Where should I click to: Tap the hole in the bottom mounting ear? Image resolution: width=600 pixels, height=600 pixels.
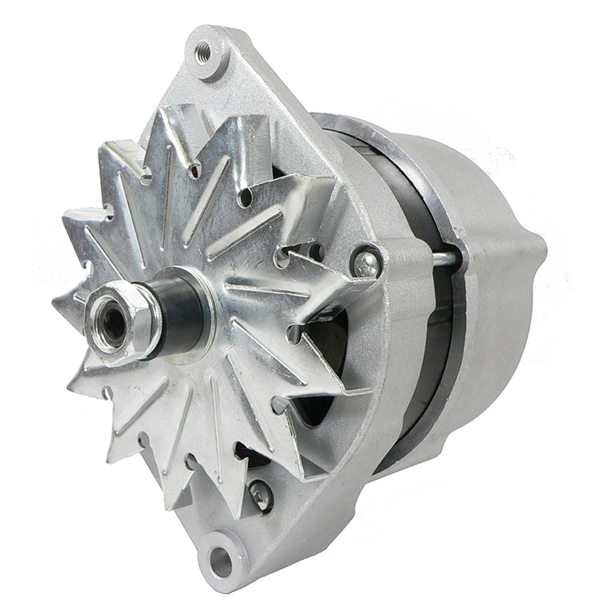pos(220,561)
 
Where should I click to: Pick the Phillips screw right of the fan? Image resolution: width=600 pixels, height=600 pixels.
pos(365,262)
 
